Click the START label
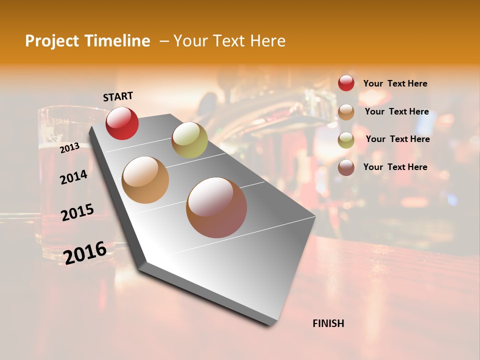(x=118, y=96)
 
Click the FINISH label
(x=328, y=323)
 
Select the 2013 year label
(x=69, y=147)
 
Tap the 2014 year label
(x=73, y=177)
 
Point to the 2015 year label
(x=77, y=212)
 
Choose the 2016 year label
(x=85, y=252)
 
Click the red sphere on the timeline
(x=122, y=123)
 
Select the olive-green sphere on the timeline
(x=189, y=139)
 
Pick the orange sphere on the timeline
(x=145, y=180)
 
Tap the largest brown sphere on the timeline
(x=216, y=207)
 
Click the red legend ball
(x=346, y=83)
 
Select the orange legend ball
(x=346, y=112)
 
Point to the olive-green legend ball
(x=346, y=140)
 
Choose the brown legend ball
(x=346, y=167)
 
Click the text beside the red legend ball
(x=395, y=83)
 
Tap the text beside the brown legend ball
(x=395, y=167)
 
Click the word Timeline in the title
(x=118, y=41)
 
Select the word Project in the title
(x=51, y=41)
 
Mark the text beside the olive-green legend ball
(x=397, y=139)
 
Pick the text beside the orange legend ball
(x=396, y=111)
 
